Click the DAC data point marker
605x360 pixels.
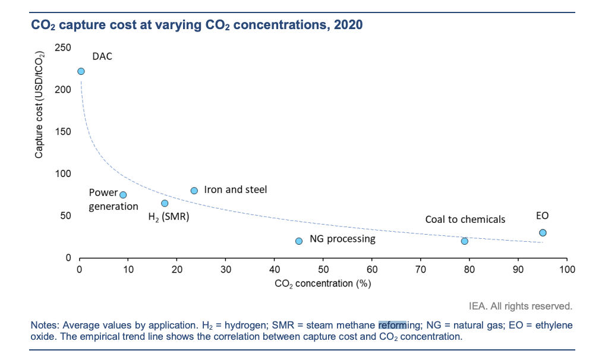point(81,71)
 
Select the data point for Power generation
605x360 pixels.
point(123,195)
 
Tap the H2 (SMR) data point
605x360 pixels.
point(165,203)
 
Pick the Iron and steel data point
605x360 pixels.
point(194,191)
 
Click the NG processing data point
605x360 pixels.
point(299,241)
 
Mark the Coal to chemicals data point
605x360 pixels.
point(465,241)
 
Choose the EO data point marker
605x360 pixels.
point(543,233)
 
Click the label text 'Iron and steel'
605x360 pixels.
point(235,190)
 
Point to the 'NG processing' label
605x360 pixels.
point(342,239)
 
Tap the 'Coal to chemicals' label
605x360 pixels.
point(465,219)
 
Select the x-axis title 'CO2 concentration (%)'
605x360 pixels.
point(323,284)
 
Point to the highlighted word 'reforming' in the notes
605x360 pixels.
point(392,326)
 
